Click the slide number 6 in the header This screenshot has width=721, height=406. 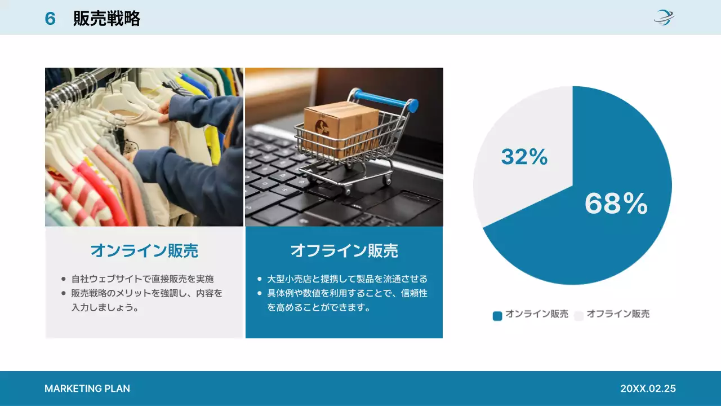click(x=50, y=19)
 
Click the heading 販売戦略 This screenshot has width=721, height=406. click(x=106, y=19)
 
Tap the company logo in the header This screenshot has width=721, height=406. click(x=664, y=17)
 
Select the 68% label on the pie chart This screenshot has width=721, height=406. click(x=616, y=204)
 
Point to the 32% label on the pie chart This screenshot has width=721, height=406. click(x=524, y=157)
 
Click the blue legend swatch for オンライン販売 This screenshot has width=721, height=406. click(x=497, y=316)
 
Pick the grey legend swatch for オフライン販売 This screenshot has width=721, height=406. click(x=578, y=316)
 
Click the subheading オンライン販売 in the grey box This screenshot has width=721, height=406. click(x=144, y=250)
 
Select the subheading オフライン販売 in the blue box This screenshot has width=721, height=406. click(x=344, y=250)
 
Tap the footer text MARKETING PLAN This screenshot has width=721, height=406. click(x=87, y=389)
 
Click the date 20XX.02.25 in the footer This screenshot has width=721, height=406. click(x=648, y=389)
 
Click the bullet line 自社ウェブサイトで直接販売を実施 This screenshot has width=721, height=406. click(x=142, y=279)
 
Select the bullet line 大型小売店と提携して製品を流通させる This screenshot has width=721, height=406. click(x=347, y=279)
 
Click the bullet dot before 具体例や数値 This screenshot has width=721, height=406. click(x=259, y=293)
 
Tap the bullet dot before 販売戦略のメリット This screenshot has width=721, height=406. click(x=63, y=293)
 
